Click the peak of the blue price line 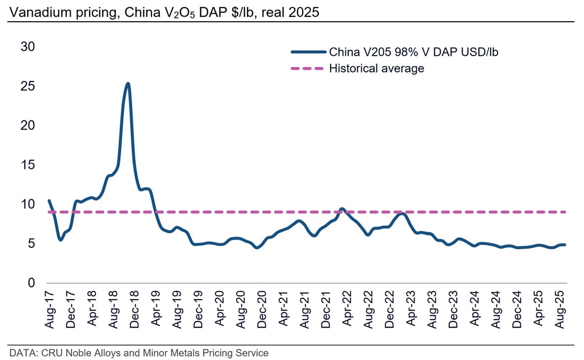128,83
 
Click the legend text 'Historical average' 376,69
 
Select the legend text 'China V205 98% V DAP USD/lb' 414,52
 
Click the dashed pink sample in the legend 308,69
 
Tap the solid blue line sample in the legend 308,52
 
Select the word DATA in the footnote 21,353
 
